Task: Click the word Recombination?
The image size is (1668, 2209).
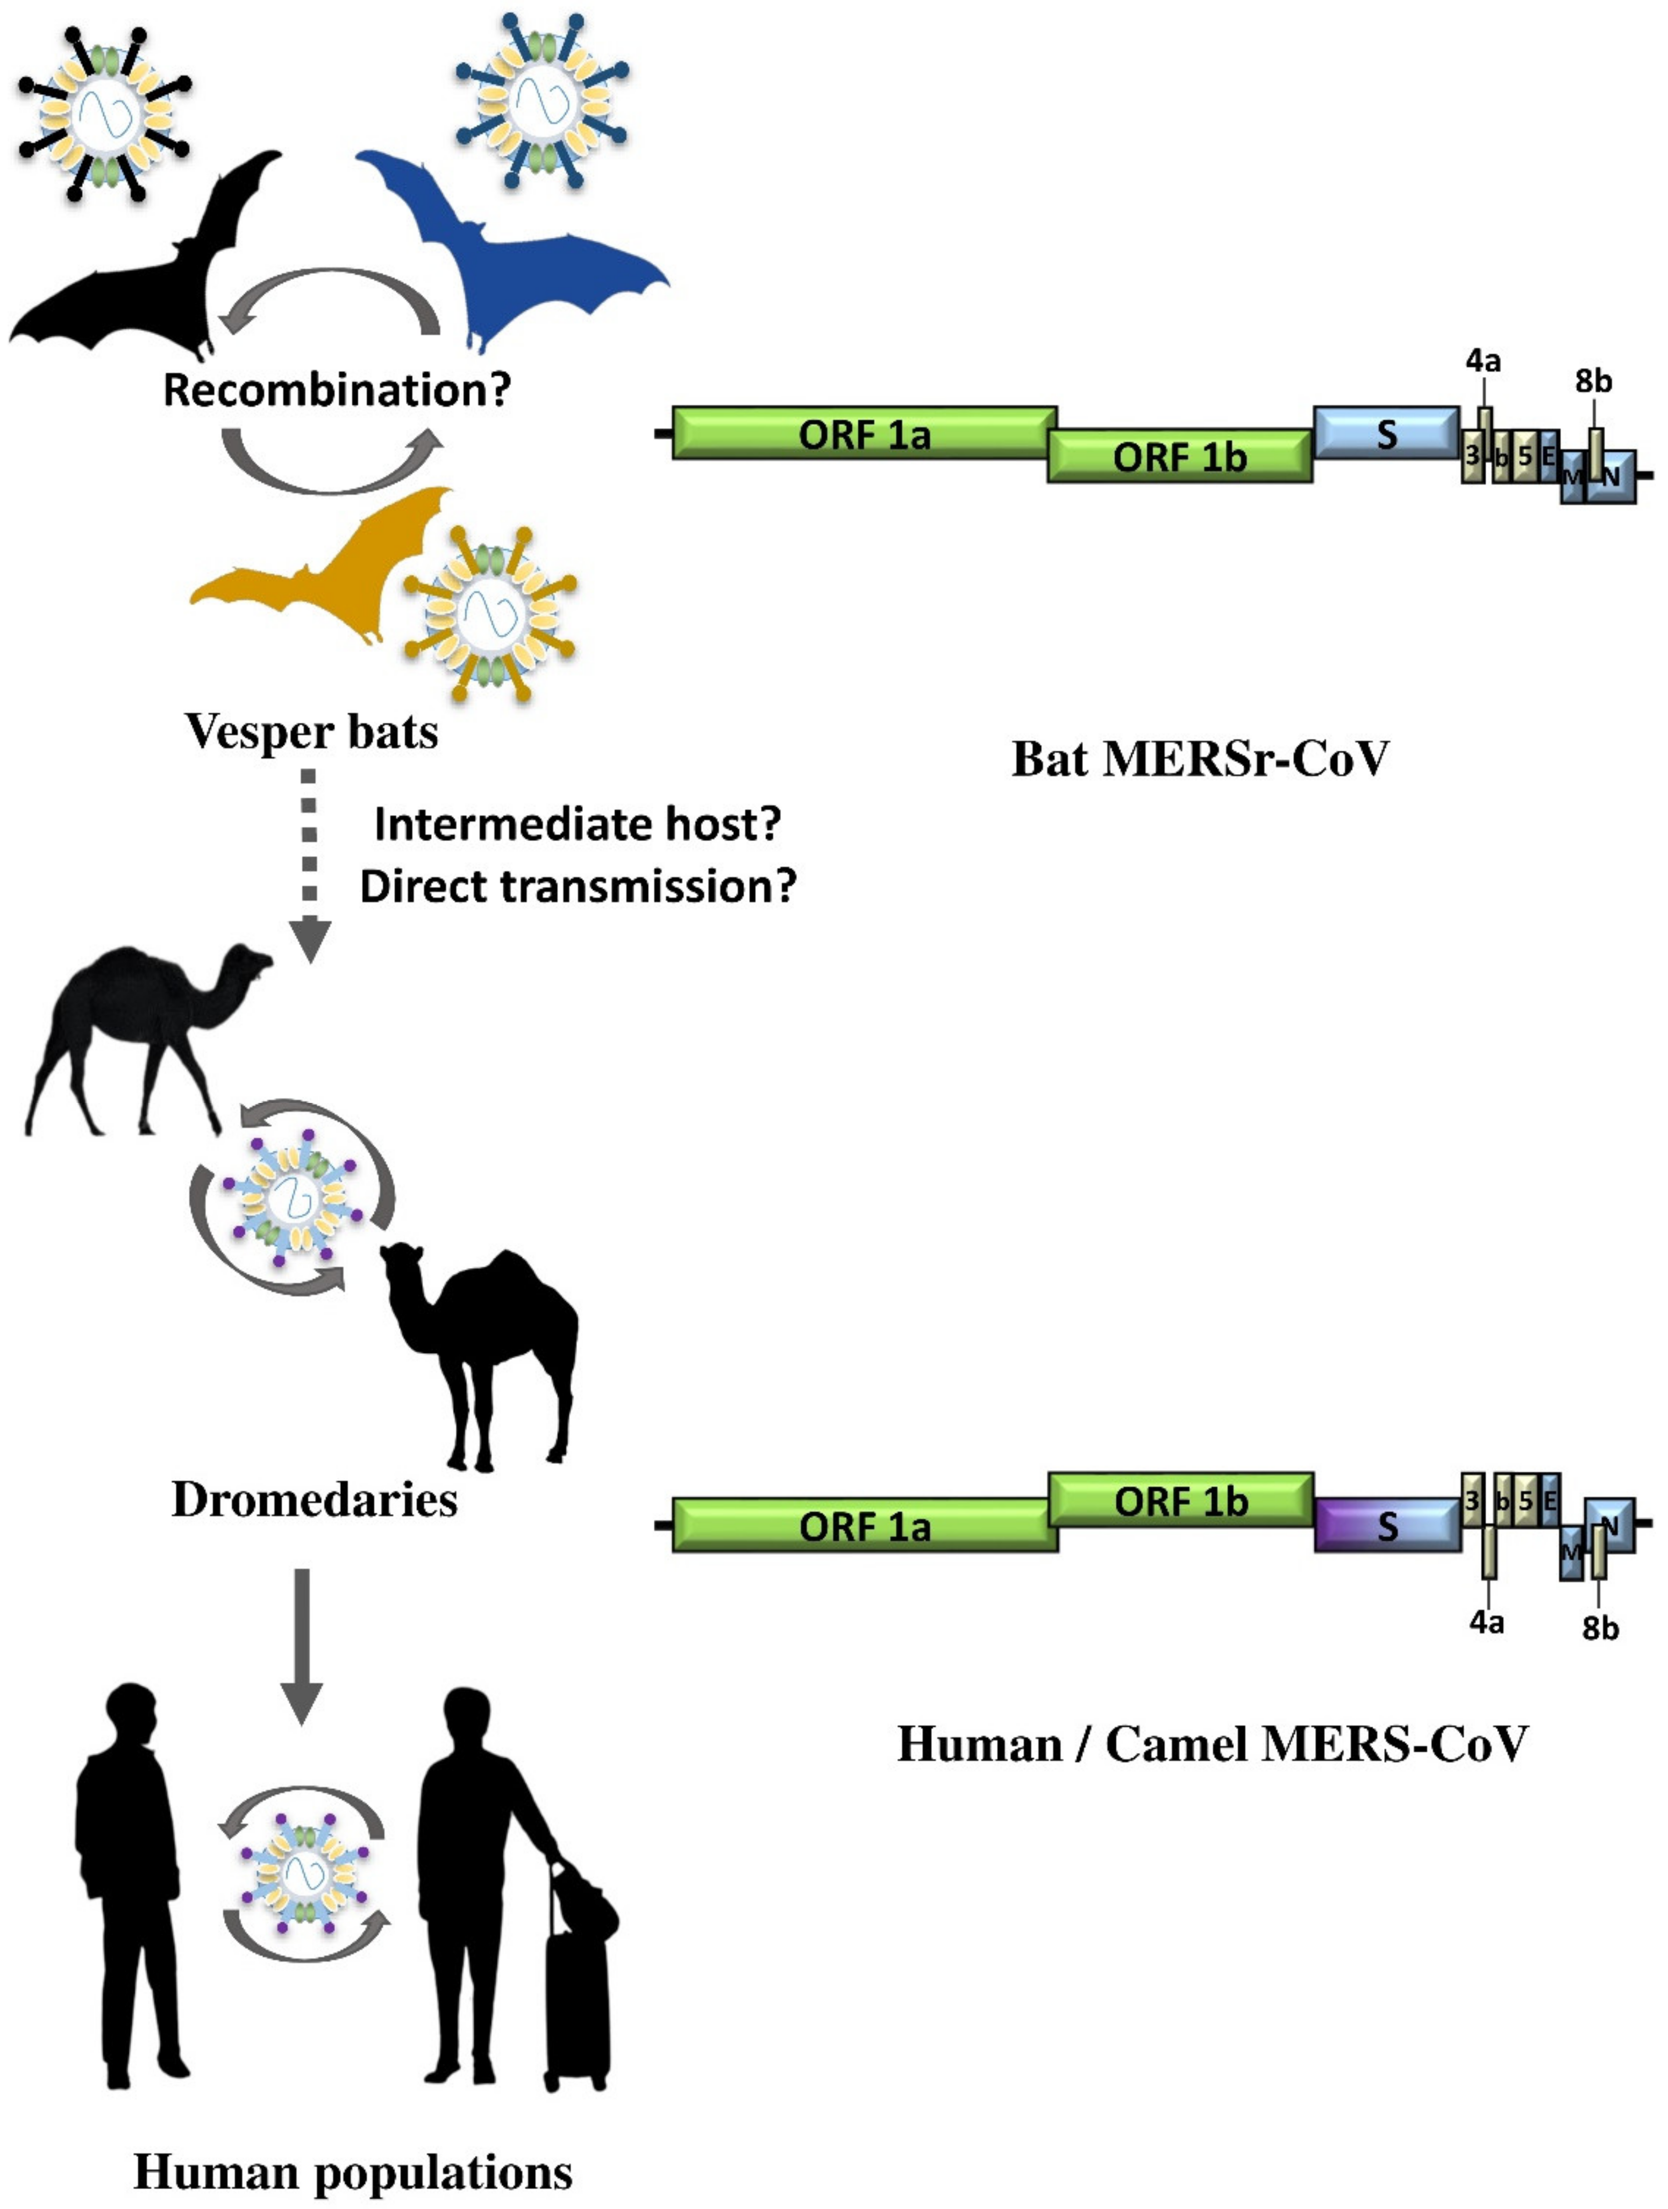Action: pyautogui.click(x=337, y=389)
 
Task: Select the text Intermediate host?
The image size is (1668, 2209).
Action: pyautogui.click(x=576, y=825)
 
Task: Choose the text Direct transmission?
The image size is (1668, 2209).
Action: pyautogui.click(x=578, y=887)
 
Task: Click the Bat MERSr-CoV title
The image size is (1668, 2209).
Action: pyautogui.click(x=1201, y=759)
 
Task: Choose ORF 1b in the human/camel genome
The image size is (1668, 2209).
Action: pyautogui.click(x=1181, y=1501)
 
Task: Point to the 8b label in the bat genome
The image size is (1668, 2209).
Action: pyautogui.click(x=1594, y=381)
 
